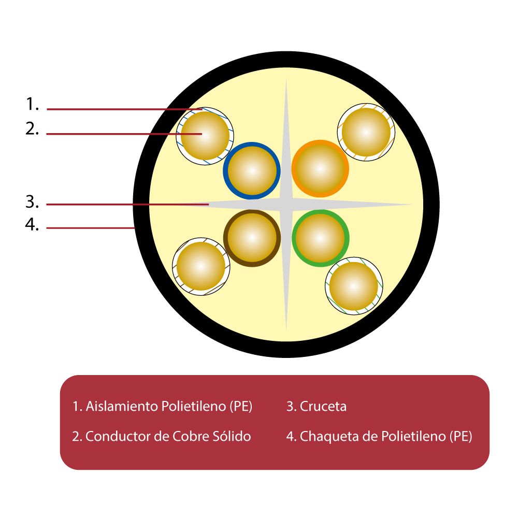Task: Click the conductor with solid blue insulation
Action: [x=252, y=171]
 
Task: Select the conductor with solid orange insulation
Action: [x=320, y=169]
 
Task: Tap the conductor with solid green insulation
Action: [x=320, y=238]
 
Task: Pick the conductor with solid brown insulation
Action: [x=252, y=238]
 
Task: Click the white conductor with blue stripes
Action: [x=205, y=136]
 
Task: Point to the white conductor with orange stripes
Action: [x=366, y=132]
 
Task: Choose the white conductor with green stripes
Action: [x=354, y=286]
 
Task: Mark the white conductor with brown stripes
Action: [x=201, y=266]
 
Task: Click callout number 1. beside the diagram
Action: [x=32, y=104]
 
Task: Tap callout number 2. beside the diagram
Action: [x=32, y=128]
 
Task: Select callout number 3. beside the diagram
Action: [x=32, y=202]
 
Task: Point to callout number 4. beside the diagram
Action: [x=32, y=225]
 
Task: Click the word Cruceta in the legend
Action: [x=323, y=406]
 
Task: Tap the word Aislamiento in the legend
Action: [x=122, y=406]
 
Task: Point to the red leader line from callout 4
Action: [x=90, y=228]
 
